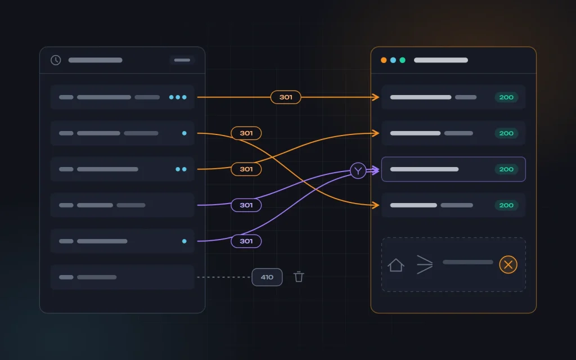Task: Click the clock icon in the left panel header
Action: pyautogui.click(x=56, y=60)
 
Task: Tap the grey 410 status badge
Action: pyautogui.click(x=267, y=277)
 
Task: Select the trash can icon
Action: pyautogui.click(x=299, y=277)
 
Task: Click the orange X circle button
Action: pyautogui.click(x=508, y=264)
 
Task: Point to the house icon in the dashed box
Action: pyautogui.click(x=395, y=265)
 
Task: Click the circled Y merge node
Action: pyautogui.click(x=358, y=170)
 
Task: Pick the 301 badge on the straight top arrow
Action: pyautogui.click(x=286, y=97)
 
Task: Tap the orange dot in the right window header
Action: pyautogui.click(x=384, y=60)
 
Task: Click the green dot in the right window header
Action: pyautogui.click(x=403, y=60)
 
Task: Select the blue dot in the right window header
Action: pyautogui.click(x=393, y=60)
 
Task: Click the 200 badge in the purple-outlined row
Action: pyautogui.click(x=506, y=169)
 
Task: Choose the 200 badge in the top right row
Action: pyautogui.click(x=506, y=97)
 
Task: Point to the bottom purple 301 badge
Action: pyautogui.click(x=246, y=241)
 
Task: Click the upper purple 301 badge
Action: pyautogui.click(x=246, y=205)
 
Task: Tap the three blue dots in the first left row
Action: pyautogui.click(x=178, y=97)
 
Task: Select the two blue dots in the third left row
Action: pyautogui.click(x=181, y=169)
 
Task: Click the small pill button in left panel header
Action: pyautogui.click(x=182, y=60)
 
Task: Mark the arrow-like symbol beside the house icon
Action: pyautogui.click(x=425, y=265)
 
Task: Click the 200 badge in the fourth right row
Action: pyautogui.click(x=506, y=205)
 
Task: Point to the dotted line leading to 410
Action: pyautogui.click(x=224, y=277)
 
